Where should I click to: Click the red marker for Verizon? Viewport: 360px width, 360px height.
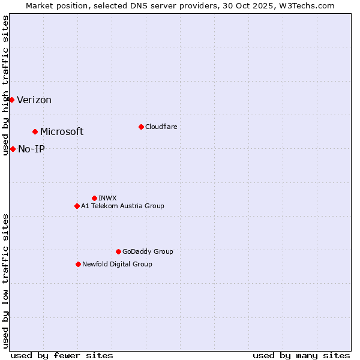click(x=11, y=100)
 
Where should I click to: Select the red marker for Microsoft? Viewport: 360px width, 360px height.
click(x=35, y=131)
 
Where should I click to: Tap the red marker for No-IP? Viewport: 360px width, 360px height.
click(x=13, y=149)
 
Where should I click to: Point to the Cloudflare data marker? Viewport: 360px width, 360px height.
click(x=141, y=127)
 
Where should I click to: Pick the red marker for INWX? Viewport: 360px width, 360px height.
click(x=94, y=198)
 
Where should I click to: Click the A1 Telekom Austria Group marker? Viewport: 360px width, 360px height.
click(x=77, y=206)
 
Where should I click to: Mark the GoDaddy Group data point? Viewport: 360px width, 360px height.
click(x=118, y=251)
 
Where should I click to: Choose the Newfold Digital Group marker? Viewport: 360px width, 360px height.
click(x=78, y=264)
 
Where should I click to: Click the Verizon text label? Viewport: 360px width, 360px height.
click(x=34, y=100)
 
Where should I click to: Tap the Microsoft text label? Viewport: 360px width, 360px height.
click(x=62, y=132)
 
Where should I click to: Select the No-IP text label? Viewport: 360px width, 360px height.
click(x=31, y=149)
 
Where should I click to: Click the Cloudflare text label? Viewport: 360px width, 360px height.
click(x=161, y=127)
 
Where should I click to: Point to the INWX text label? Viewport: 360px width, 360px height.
click(x=107, y=198)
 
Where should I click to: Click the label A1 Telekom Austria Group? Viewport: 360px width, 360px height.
click(x=122, y=206)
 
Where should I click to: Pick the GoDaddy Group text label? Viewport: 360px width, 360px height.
click(x=148, y=251)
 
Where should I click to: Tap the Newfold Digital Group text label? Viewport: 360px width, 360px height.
click(x=117, y=264)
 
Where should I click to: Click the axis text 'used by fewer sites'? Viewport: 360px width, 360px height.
click(x=62, y=355)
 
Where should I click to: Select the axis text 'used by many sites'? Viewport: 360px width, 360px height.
click(x=301, y=355)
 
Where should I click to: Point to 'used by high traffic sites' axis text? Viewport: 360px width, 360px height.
click(x=6, y=86)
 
